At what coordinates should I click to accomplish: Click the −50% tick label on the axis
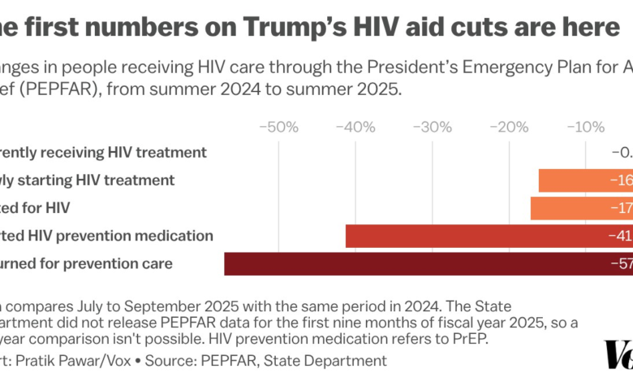point(279,128)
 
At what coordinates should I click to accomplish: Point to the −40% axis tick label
point(355,128)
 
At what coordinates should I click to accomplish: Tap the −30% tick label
point(432,128)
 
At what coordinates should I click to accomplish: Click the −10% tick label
point(584,128)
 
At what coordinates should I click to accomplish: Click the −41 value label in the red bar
point(620,237)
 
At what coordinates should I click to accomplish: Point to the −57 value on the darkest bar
point(620,264)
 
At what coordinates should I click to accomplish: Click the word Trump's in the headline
point(287,26)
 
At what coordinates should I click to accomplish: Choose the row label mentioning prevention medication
point(106,236)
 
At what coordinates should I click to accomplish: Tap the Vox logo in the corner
point(618,354)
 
